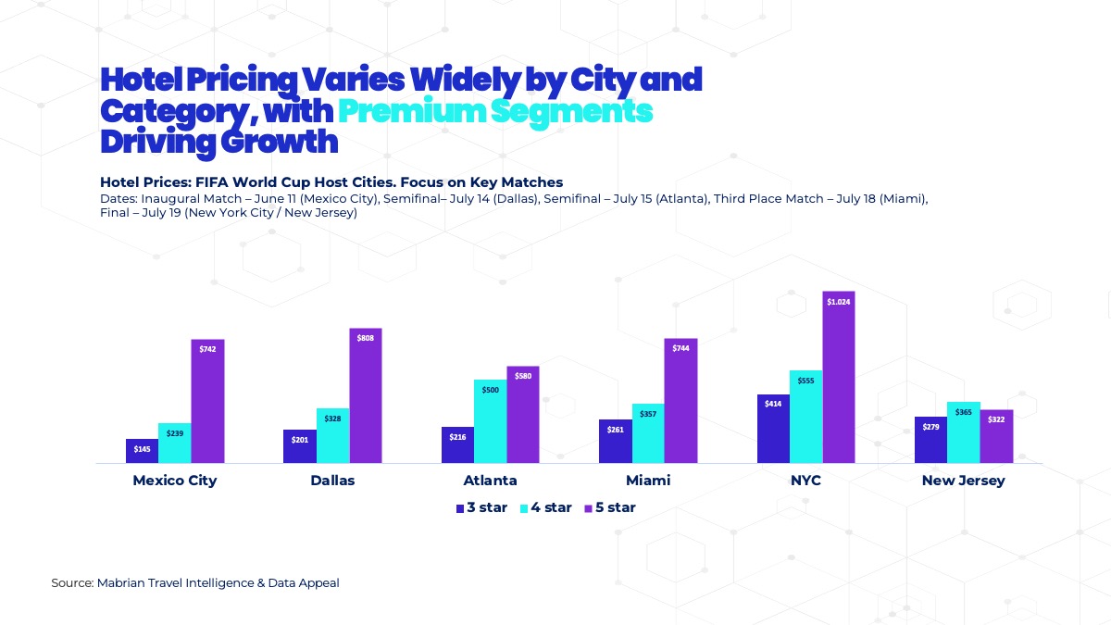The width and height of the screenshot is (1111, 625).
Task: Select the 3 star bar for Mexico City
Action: pyautogui.click(x=142, y=452)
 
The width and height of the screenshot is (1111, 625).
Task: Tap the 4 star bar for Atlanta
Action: pyautogui.click(x=490, y=426)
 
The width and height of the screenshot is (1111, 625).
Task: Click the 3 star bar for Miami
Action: pyautogui.click(x=615, y=444)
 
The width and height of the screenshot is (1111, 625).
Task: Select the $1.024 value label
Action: pyautogui.click(x=838, y=302)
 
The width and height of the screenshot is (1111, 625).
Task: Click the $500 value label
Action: pyautogui.click(x=490, y=390)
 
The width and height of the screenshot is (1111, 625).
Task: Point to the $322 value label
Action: pyautogui.click(x=996, y=419)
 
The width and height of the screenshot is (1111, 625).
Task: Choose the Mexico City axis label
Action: pyautogui.click(x=174, y=481)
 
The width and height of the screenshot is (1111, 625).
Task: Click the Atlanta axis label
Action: pyautogui.click(x=490, y=481)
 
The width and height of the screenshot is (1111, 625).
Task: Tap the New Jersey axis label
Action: pyautogui.click(x=963, y=481)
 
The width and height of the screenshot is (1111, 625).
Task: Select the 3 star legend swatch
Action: pyautogui.click(x=459, y=508)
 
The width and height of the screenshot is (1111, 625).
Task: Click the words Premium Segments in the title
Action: pyautogui.click(x=495, y=111)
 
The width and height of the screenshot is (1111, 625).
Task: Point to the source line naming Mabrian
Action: pyautogui.click(x=194, y=583)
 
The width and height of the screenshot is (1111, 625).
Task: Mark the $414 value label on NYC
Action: pyautogui.click(x=772, y=404)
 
